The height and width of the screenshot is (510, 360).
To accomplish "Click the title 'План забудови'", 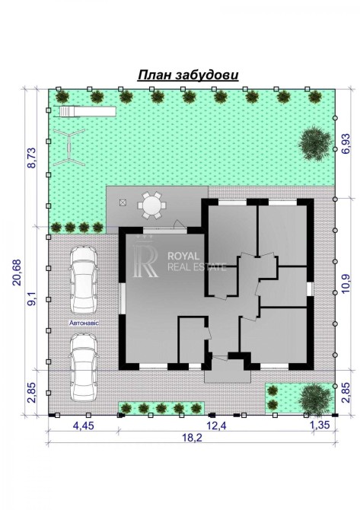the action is coord(188,75).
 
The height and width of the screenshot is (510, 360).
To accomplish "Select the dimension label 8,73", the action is coord(31,158).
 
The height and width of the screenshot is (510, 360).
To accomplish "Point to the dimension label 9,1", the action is coord(31,298).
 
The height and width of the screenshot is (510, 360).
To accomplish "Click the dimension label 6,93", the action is coord(346,143).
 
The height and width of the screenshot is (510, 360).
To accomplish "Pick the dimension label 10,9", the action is coord(346,284).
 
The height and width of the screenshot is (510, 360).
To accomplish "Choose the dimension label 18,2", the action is coord(193,437).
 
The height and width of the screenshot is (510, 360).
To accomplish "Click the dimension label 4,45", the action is coord(83,425).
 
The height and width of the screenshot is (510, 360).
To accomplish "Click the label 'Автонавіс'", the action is coord(84,324).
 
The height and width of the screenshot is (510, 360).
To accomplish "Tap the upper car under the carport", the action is coord(83,280).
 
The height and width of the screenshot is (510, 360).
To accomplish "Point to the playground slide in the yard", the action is coord(88,111).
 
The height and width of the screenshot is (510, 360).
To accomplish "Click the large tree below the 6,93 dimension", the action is coord(315,144).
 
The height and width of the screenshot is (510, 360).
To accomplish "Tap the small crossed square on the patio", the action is coord(123,202).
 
